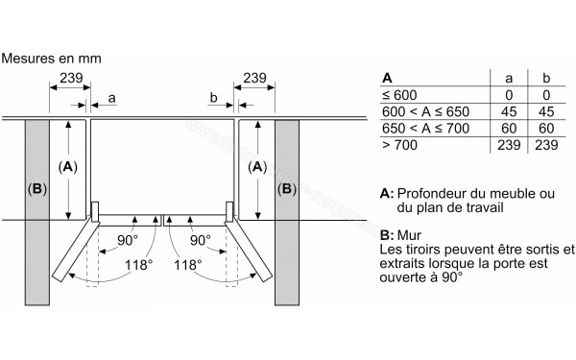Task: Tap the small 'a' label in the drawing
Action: click(113, 98)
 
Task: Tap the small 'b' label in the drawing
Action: click(211, 98)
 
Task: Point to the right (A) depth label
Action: click(256, 167)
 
